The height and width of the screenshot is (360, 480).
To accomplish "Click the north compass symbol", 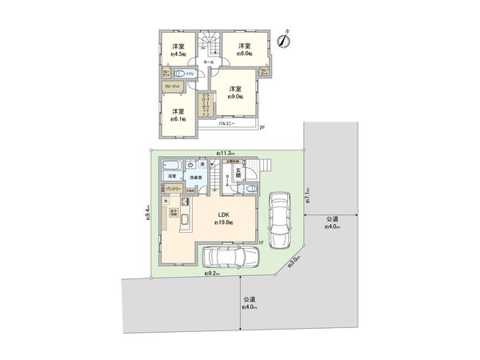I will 283,40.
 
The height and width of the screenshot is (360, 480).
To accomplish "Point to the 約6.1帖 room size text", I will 178,119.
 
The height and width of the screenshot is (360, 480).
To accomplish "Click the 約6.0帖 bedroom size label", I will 241,54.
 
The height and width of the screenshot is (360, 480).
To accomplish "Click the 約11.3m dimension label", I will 225,152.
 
